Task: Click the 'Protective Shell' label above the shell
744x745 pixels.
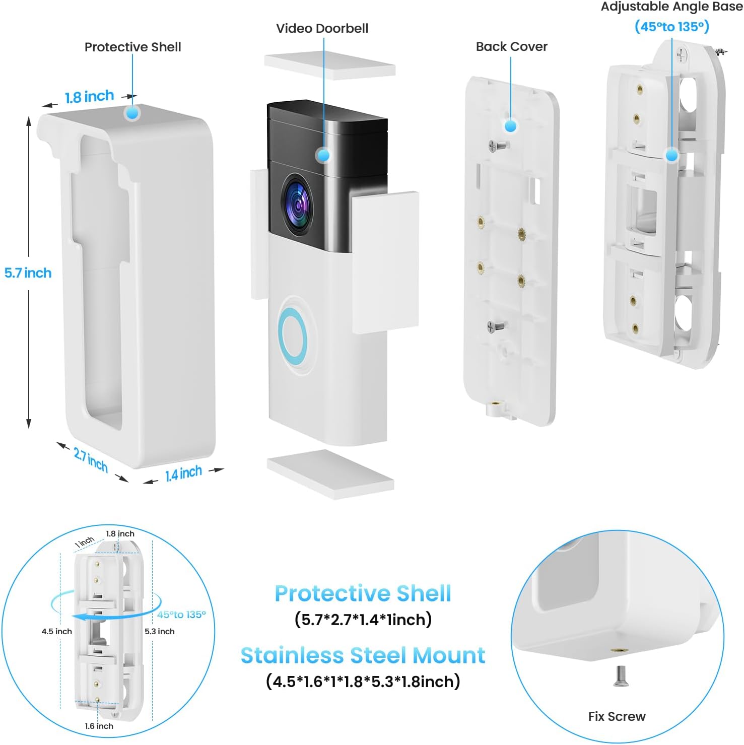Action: click(x=132, y=47)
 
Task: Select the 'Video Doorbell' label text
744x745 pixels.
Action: click(x=322, y=28)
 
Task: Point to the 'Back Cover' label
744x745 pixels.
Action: click(x=511, y=46)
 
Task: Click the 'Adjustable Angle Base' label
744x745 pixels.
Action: click(x=671, y=7)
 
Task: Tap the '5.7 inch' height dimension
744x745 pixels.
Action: click(x=28, y=273)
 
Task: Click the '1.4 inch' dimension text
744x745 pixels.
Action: click(x=183, y=473)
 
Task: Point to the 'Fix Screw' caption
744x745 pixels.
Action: click(x=617, y=716)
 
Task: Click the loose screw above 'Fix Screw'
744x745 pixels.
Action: click(x=619, y=676)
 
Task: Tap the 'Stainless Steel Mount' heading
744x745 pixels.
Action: click(x=363, y=655)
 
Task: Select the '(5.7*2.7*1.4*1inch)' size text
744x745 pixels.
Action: click(x=363, y=619)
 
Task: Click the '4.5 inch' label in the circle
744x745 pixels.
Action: click(x=56, y=631)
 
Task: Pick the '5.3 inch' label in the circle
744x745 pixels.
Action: click(x=160, y=631)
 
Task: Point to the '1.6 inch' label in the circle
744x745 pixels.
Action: click(x=99, y=726)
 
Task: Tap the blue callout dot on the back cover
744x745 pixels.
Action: click(x=510, y=125)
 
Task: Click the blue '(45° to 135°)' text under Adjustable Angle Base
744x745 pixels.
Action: click(x=671, y=26)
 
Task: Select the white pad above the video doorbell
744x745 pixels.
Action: click(x=329, y=66)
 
